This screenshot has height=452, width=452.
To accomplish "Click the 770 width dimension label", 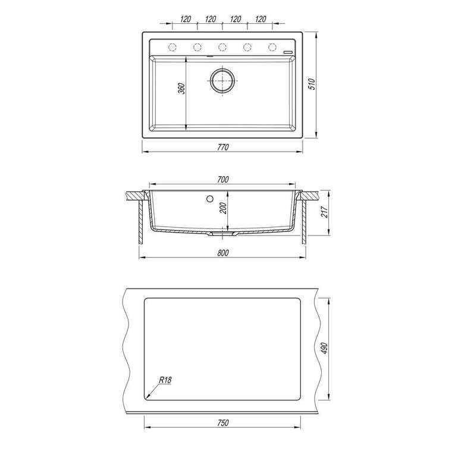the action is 222,147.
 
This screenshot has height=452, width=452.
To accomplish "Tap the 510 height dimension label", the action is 312,84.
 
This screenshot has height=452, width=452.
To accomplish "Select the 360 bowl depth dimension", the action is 181,89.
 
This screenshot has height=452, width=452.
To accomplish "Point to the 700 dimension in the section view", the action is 222,179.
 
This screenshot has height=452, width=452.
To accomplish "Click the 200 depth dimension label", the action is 223,208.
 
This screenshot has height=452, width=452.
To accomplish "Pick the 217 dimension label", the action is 324,212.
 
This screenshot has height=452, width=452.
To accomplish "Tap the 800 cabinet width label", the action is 222,253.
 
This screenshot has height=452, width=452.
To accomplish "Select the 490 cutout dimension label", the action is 324,349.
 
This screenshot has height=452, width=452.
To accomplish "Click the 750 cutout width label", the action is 222,423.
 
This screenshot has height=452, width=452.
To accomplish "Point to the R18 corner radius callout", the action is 165,380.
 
